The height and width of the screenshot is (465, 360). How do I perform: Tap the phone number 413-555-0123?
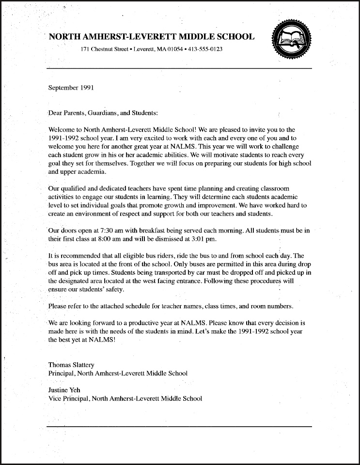click(205, 50)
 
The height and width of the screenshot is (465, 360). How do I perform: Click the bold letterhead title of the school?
click(151, 37)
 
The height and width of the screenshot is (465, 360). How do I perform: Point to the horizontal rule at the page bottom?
click(179, 426)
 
